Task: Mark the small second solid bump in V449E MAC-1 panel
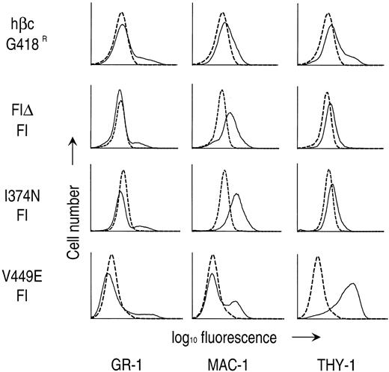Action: [x=236, y=302]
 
